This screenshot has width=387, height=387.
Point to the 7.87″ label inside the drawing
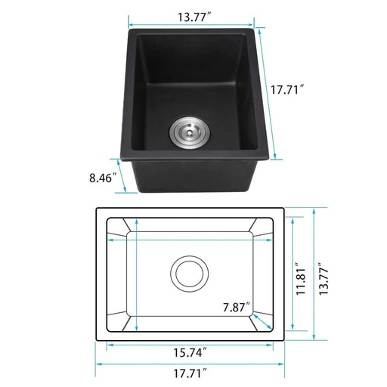pyautogui.click(x=237, y=308)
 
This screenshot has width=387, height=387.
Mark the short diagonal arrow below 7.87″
pyautogui.click(x=260, y=321)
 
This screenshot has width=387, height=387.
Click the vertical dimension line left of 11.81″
pyautogui.click(x=292, y=274)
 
